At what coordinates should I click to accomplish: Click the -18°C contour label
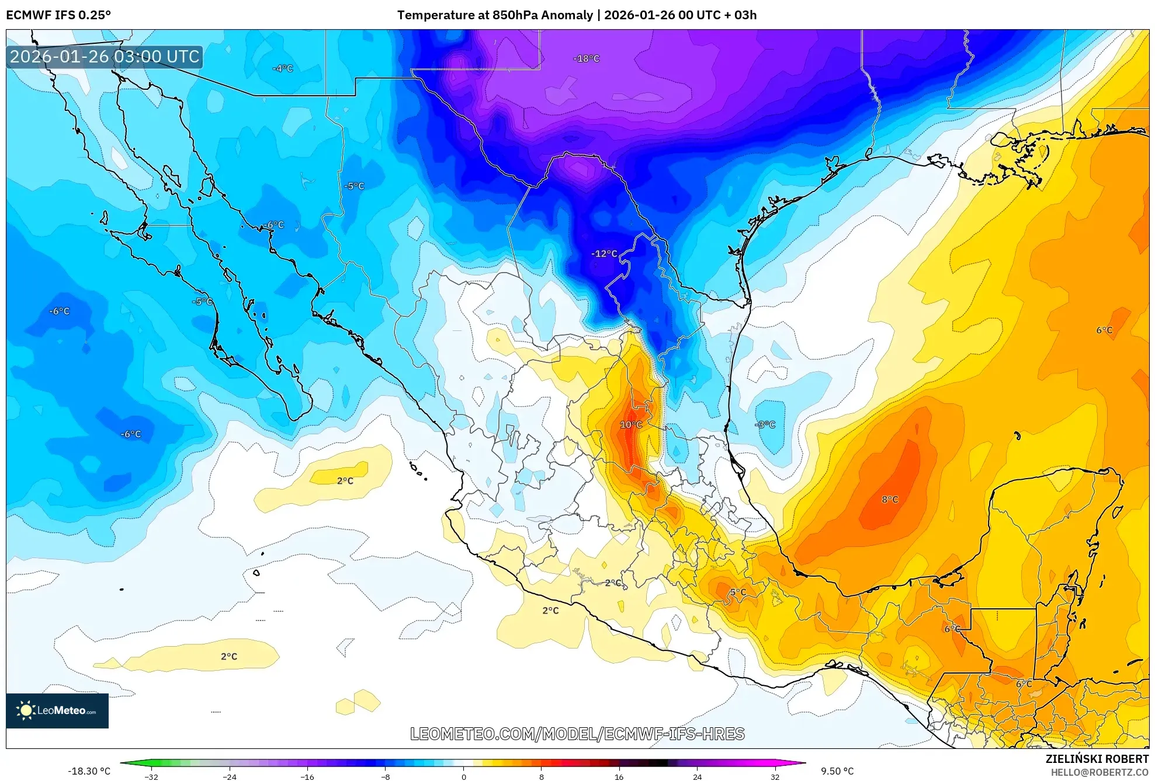point(586,58)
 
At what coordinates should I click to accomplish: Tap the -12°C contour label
point(604,253)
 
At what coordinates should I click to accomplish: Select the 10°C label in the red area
point(631,424)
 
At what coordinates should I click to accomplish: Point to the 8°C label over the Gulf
point(890,499)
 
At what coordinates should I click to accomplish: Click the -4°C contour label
point(283,68)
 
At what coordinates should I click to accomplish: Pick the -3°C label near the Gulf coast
point(765,424)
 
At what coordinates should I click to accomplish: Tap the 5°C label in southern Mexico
point(738,592)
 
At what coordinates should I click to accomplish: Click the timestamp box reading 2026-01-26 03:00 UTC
point(105,57)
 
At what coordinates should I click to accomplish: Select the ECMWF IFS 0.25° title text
point(58,15)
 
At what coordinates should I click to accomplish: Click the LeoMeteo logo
point(57,710)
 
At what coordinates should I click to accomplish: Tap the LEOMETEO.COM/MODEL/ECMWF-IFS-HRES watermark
point(577,734)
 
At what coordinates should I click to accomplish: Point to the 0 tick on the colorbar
point(463,776)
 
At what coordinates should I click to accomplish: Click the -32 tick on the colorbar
point(151,776)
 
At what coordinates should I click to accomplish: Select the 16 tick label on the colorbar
point(619,776)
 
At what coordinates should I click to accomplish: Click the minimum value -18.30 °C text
point(89,771)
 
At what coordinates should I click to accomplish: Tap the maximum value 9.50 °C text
point(837,771)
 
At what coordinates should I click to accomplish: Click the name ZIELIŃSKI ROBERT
point(1097,759)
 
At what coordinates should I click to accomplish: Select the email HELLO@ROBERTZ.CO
point(1099,772)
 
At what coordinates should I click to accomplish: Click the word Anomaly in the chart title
point(567,15)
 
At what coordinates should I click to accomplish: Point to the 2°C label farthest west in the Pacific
point(229,656)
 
